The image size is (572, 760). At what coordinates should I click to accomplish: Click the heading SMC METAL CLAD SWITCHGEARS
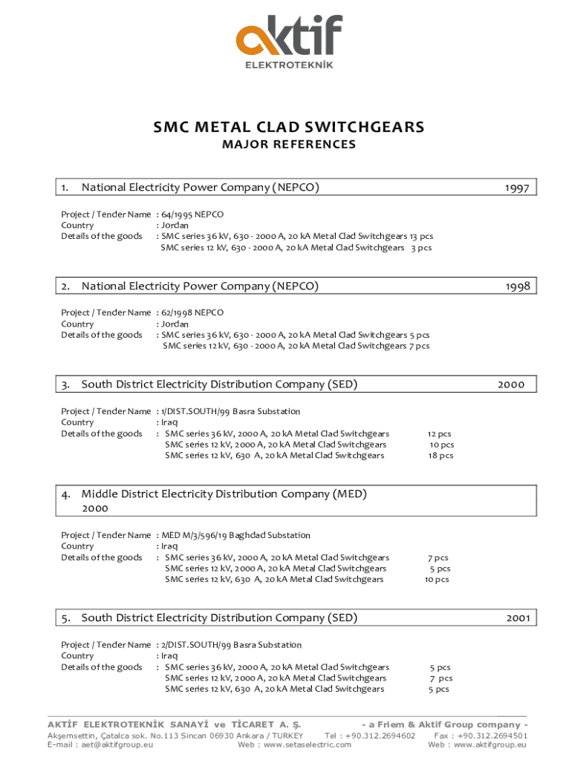(x=289, y=128)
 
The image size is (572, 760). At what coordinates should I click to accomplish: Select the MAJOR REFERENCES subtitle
(x=289, y=145)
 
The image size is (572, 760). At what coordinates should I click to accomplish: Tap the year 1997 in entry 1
(x=516, y=189)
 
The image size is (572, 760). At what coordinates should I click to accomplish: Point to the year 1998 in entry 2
(x=518, y=286)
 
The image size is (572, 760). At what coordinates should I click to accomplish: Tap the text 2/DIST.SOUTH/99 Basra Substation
(x=231, y=645)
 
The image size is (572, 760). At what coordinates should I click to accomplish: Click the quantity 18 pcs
(x=441, y=456)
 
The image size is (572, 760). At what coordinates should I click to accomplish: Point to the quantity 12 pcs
(x=439, y=433)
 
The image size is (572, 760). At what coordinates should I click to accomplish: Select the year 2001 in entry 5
(x=518, y=617)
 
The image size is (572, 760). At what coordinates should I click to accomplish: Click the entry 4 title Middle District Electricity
(x=224, y=494)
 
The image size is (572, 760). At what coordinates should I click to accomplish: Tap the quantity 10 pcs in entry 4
(x=437, y=580)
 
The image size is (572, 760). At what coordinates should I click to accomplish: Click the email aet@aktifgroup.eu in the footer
(x=100, y=744)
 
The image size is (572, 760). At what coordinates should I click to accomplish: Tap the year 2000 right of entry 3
(x=511, y=384)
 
